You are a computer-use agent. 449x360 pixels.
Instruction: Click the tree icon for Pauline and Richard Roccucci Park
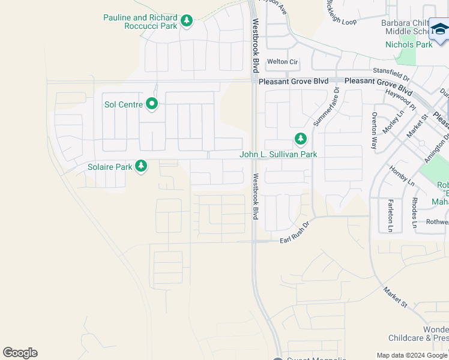pos(187,22)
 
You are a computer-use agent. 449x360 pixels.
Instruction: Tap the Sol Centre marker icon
pos(152,104)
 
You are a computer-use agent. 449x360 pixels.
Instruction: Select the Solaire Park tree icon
pos(141,166)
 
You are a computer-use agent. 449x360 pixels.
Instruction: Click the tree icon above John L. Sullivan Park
pos(300,140)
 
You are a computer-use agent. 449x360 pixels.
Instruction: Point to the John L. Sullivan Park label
pos(278,154)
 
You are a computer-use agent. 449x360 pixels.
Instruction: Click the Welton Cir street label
pos(282,61)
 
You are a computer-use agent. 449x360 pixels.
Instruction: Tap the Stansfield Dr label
pos(391,74)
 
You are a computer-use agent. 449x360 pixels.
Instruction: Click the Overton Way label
pos(374,130)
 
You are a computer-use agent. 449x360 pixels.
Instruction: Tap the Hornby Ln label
pos(402,175)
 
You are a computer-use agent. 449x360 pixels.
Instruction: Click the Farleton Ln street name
pos(391,215)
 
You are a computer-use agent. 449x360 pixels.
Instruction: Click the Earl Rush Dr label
pos(294,233)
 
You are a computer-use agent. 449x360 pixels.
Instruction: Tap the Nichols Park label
pos(408,44)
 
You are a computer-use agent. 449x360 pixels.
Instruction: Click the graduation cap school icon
pos(440,29)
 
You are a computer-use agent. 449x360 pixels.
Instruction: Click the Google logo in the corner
pos(20,353)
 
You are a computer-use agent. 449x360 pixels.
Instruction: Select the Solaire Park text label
pos(110,167)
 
